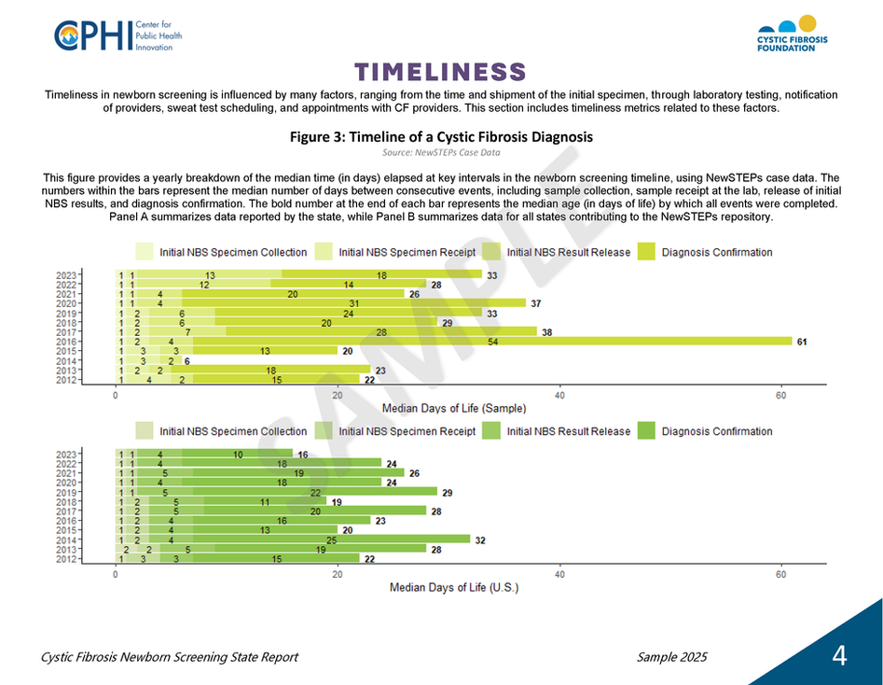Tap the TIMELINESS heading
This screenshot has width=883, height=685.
coord(441,73)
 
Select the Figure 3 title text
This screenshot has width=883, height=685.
coord(441,137)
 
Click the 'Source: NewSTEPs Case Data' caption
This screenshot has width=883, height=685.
coord(441,152)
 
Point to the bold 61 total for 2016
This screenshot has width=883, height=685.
coord(802,342)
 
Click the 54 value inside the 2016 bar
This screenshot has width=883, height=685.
coord(492,342)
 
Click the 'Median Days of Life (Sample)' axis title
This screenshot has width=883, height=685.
coord(454,409)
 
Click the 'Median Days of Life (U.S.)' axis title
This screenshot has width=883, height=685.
coord(454,587)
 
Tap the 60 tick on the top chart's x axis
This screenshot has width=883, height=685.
coord(781,396)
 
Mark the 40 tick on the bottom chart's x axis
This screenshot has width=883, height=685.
coord(559,575)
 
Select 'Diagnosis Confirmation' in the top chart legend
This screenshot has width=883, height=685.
coord(716,252)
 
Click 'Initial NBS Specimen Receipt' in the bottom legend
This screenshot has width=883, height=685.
coord(407,431)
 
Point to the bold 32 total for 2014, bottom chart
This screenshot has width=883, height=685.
coord(480,539)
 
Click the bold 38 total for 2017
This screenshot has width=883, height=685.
coord(546,331)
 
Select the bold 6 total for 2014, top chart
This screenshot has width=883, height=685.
coord(187,361)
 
